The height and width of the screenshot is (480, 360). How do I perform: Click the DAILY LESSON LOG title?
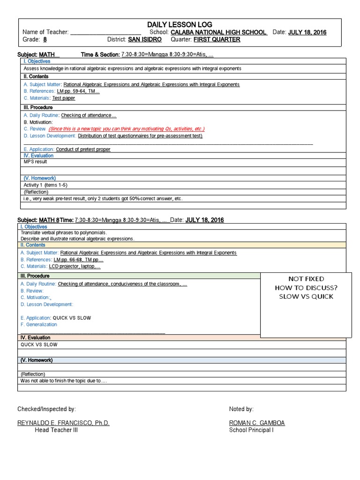point(180,24)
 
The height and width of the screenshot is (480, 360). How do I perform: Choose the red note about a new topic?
point(126,129)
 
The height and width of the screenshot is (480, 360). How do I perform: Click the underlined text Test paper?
point(64,98)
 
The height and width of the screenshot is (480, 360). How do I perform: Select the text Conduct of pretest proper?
point(83,150)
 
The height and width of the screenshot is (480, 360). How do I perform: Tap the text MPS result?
point(36,162)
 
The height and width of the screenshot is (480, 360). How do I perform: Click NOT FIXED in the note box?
point(306,279)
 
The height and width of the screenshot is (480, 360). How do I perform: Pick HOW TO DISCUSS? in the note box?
point(306,288)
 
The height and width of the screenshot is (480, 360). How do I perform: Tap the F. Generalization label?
point(39,324)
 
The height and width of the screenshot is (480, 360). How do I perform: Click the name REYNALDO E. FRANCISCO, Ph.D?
point(63,423)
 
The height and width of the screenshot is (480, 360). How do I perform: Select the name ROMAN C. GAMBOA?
point(257,423)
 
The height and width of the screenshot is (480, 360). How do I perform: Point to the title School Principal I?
point(251,430)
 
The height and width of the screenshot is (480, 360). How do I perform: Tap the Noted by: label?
point(241,409)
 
